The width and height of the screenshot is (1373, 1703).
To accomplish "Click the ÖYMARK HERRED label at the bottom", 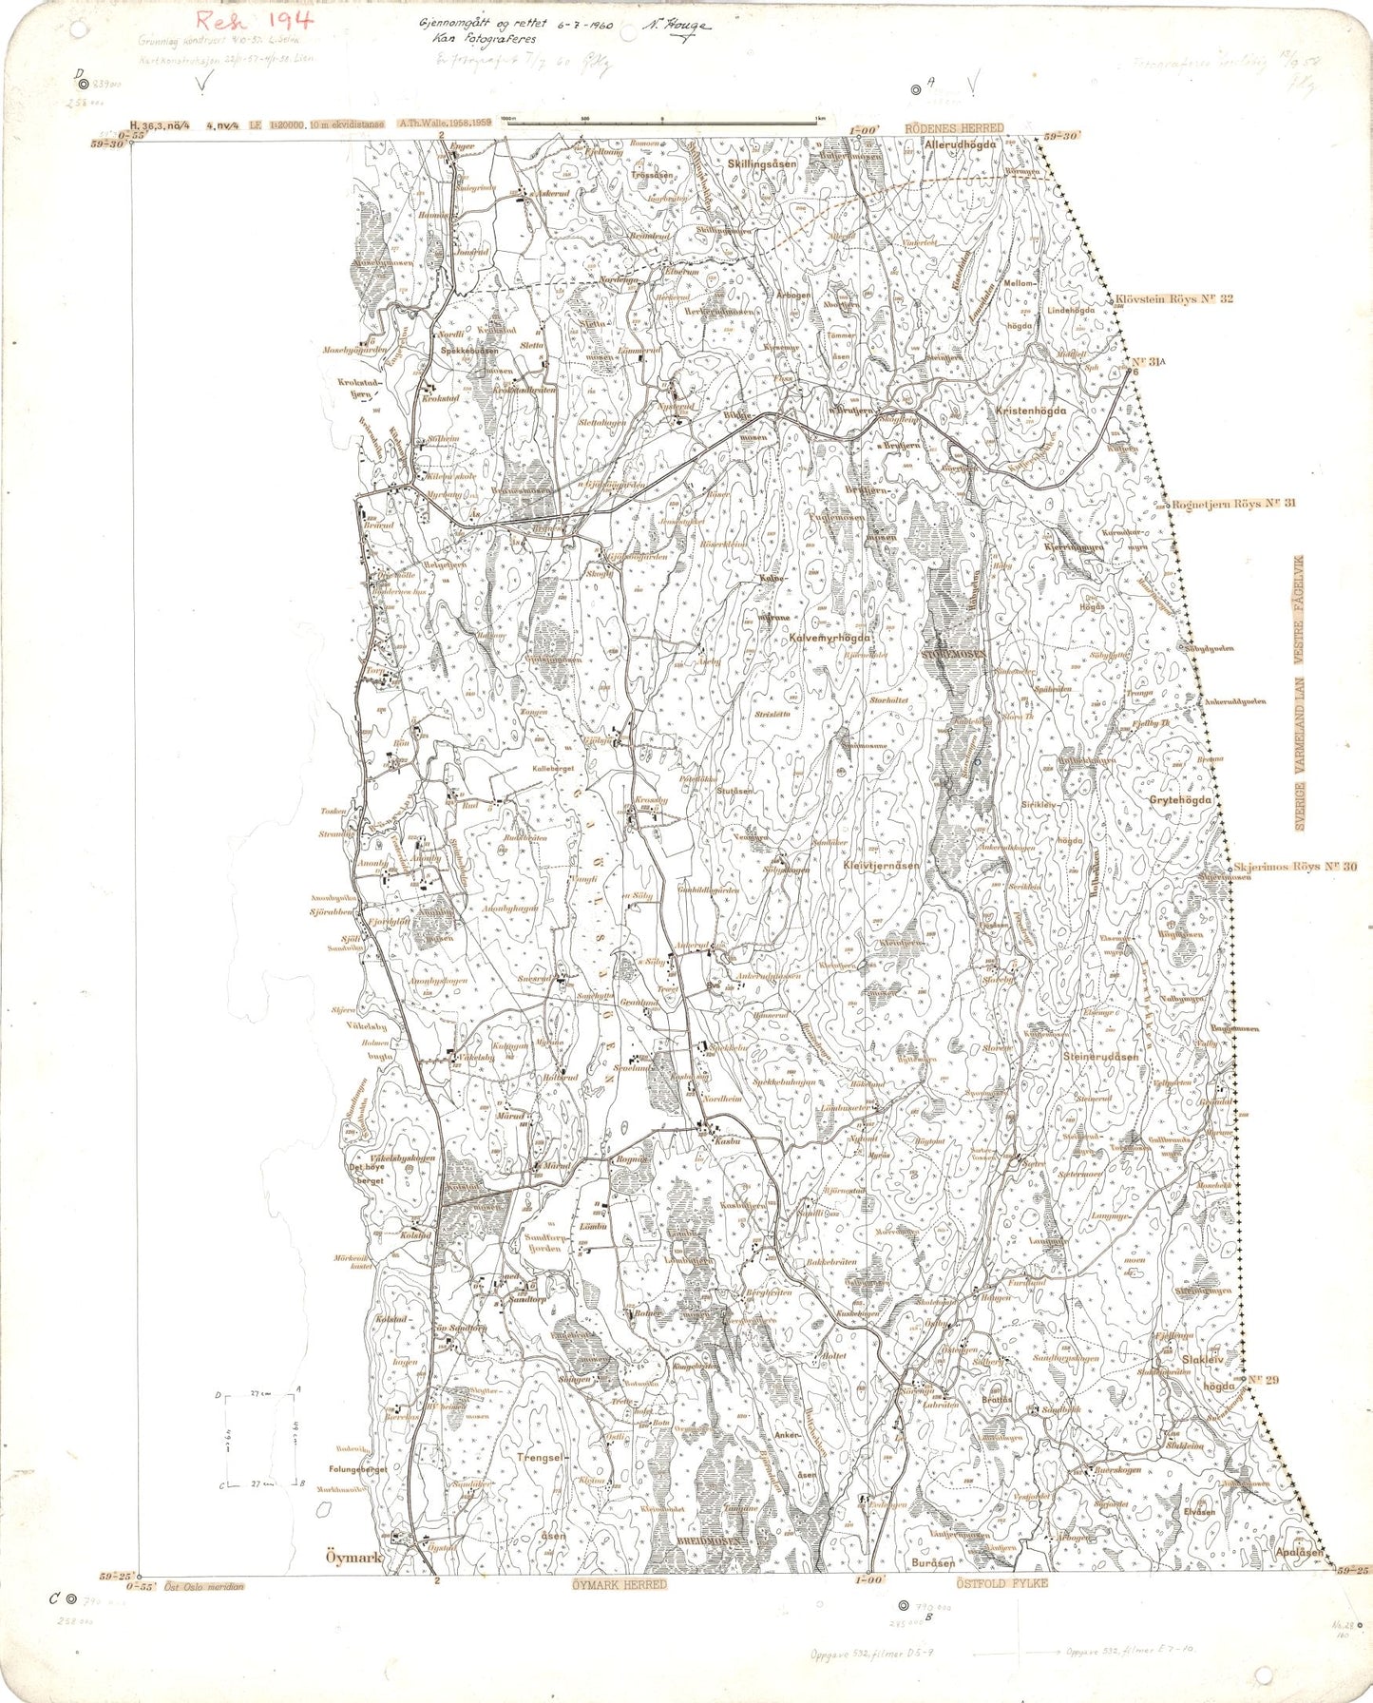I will coord(620,1584).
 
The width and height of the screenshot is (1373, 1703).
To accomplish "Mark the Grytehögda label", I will coord(1181,800).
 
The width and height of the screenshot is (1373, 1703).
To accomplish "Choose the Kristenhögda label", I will coord(1031,411).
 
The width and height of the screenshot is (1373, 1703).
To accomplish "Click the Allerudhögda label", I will coord(966,144).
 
